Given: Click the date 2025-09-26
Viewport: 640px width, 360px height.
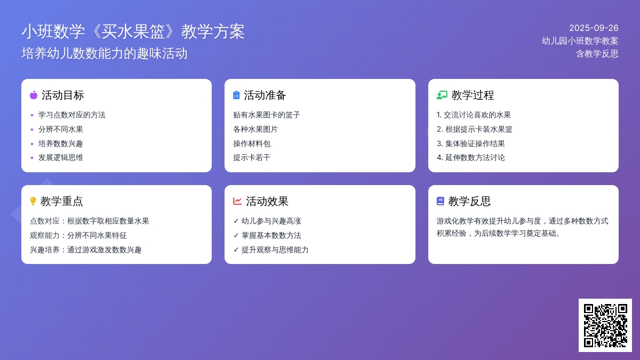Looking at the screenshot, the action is click(x=594, y=28).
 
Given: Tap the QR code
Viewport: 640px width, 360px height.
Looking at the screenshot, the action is click(x=605, y=325).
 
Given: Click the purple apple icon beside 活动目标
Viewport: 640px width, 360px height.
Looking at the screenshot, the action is click(x=34, y=95).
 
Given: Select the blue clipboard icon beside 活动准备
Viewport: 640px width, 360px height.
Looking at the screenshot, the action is click(x=236, y=95).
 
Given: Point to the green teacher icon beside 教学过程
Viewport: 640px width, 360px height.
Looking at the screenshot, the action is click(x=442, y=95).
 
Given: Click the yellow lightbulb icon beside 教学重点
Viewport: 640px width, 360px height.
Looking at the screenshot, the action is click(x=33, y=201).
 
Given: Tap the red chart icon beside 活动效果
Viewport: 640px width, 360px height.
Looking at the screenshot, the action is click(x=237, y=201).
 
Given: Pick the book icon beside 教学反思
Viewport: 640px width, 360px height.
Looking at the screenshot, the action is click(x=441, y=201).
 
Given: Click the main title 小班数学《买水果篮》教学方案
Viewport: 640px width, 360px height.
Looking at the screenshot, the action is click(x=133, y=31).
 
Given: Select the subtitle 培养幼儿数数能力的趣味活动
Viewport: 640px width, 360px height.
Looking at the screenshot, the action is click(x=105, y=53).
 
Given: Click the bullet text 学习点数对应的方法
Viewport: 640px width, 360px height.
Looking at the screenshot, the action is click(x=72, y=115).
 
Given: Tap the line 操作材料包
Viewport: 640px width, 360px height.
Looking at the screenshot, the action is click(x=252, y=143).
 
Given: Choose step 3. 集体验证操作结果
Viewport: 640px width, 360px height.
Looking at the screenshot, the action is click(x=471, y=143).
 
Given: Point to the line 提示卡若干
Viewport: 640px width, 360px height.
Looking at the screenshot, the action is click(x=252, y=157).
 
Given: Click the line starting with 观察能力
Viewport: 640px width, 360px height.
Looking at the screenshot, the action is click(x=78, y=235).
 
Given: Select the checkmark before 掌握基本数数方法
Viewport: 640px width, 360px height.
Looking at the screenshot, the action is click(x=236, y=235).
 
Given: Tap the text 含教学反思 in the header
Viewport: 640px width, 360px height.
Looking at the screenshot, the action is click(x=597, y=54).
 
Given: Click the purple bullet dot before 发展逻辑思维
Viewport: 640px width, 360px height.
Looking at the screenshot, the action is click(x=31, y=158).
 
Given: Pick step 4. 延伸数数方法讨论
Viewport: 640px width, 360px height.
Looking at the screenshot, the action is click(x=471, y=157).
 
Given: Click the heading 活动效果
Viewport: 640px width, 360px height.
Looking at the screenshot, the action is click(x=267, y=201).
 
